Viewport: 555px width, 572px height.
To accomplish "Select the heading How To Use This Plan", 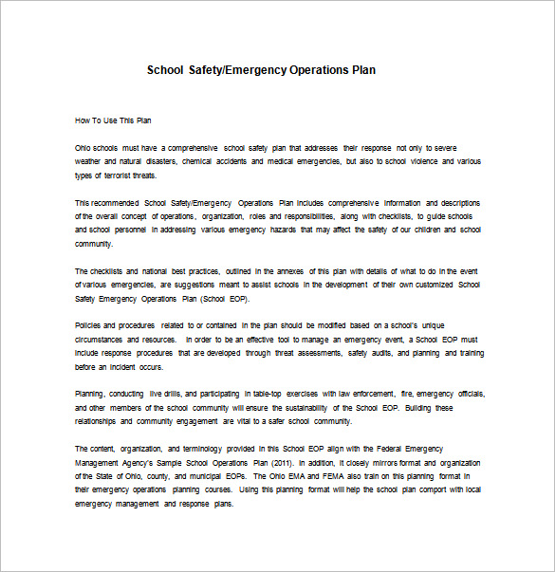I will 112,120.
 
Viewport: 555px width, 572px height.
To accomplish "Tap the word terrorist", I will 114,175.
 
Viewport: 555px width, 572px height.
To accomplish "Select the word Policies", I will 89,325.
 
